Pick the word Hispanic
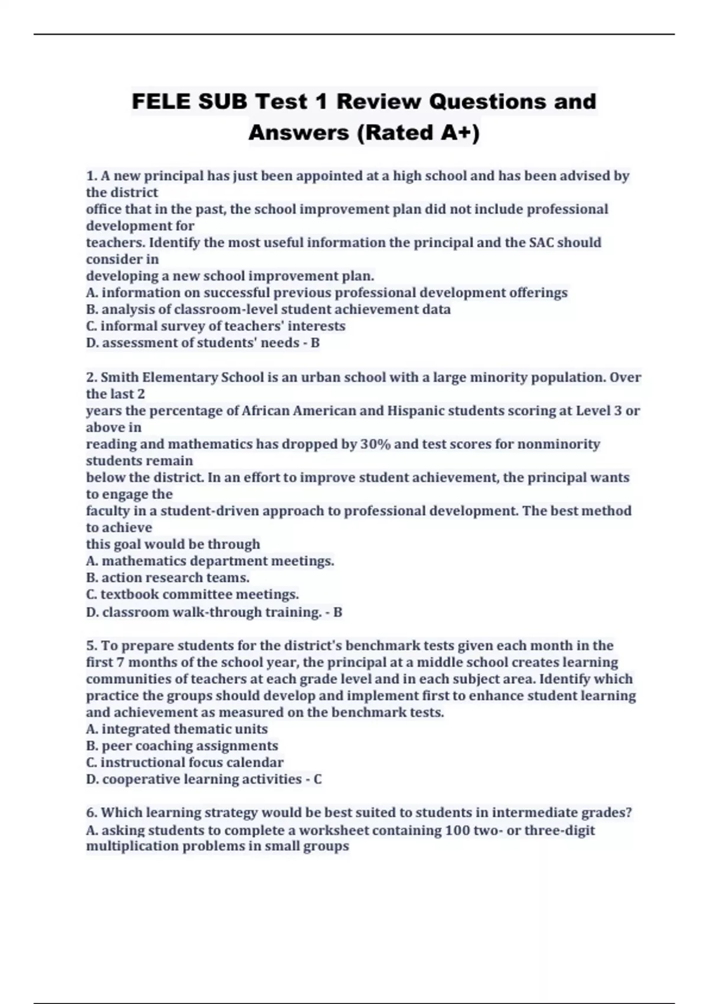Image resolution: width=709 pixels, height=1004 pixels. click(413, 411)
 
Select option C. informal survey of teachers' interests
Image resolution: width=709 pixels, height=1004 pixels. click(216, 326)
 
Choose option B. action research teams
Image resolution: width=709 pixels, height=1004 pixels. click(168, 578)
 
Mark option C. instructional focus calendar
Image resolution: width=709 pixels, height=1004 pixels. click(185, 762)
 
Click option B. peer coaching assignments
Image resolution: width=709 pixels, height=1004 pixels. click(182, 746)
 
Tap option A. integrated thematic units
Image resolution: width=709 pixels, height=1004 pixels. click(177, 729)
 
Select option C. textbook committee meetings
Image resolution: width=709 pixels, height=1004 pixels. click(193, 594)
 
